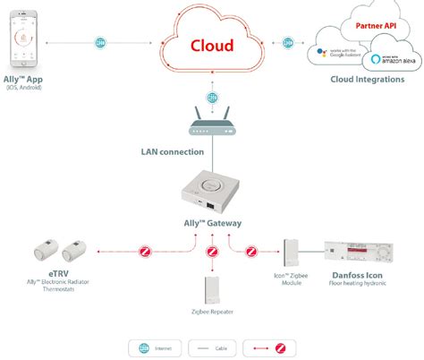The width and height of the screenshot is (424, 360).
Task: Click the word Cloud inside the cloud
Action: (x=211, y=46)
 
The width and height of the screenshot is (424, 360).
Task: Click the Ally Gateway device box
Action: (x=212, y=193)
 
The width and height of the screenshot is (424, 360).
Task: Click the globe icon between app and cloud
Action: (x=100, y=42)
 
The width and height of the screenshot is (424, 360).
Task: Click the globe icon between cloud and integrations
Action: (x=289, y=42)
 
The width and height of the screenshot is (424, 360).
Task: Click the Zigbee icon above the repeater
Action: (x=212, y=252)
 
